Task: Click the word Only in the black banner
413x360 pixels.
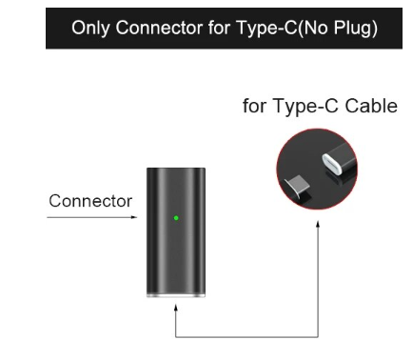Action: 88,30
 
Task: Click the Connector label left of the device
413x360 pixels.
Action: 90,201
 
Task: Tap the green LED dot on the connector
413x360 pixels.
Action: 176,218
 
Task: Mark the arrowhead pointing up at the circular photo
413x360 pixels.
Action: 318,227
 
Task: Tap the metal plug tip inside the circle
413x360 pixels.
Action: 303,184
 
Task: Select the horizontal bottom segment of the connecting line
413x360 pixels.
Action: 247,336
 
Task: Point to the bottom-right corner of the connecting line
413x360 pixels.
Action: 318,336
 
